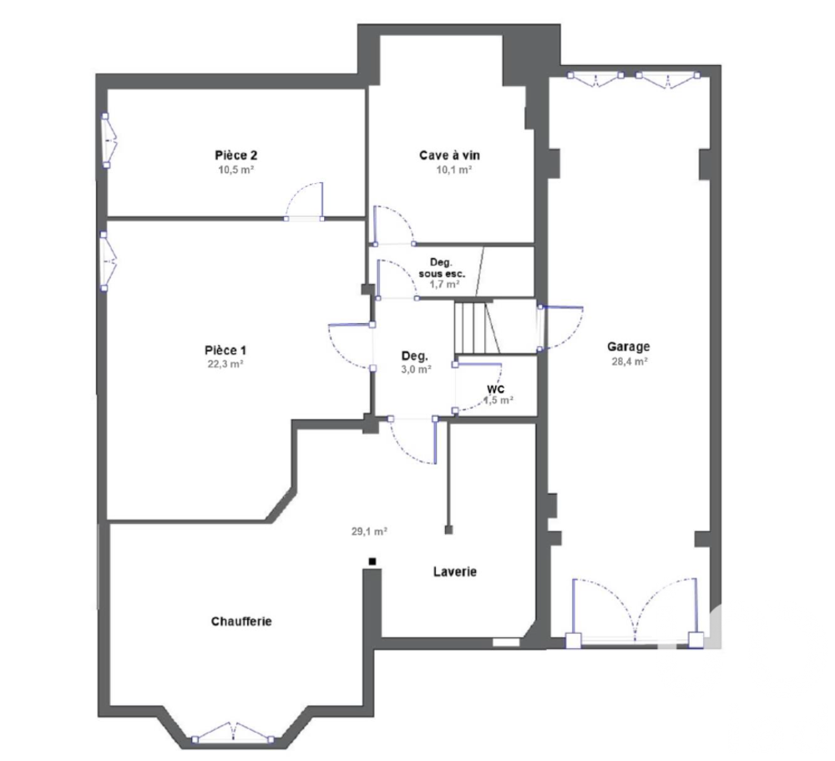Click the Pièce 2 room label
[235, 155]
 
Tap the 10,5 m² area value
[235, 169]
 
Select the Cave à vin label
[449, 155]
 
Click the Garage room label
[628, 347]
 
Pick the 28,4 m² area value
[628, 362]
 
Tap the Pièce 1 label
[225, 350]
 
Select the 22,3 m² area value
[225, 364]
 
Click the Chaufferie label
[242, 621]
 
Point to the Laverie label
[455, 572]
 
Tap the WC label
[497, 388]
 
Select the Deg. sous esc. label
[442, 267]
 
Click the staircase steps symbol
[474, 327]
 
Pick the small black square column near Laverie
[372, 561]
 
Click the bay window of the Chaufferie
[233, 733]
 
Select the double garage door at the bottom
[635, 610]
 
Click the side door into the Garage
[559, 327]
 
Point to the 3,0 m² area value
[416, 368]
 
